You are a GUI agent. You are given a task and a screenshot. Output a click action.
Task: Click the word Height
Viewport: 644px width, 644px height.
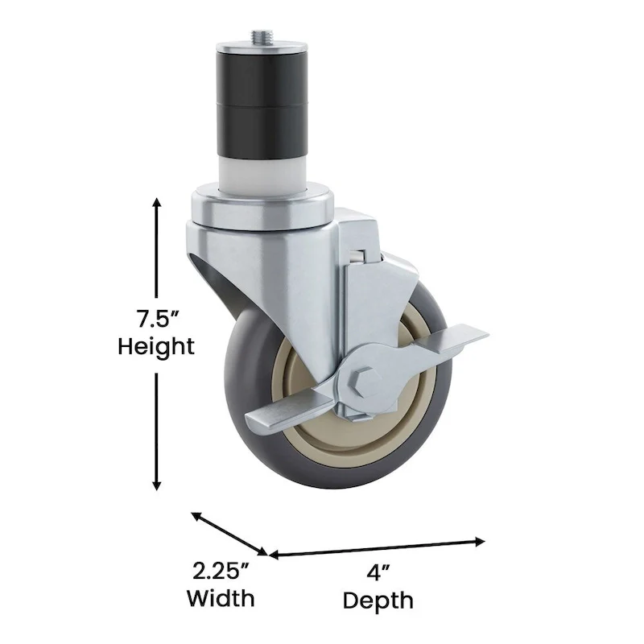pyautogui.click(x=156, y=347)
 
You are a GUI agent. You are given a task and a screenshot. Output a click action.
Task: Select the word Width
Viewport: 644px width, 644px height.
pyautogui.click(x=221, y=598)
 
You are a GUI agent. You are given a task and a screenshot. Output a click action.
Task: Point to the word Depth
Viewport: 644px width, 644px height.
pyautogui.click(x=378, y=601)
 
